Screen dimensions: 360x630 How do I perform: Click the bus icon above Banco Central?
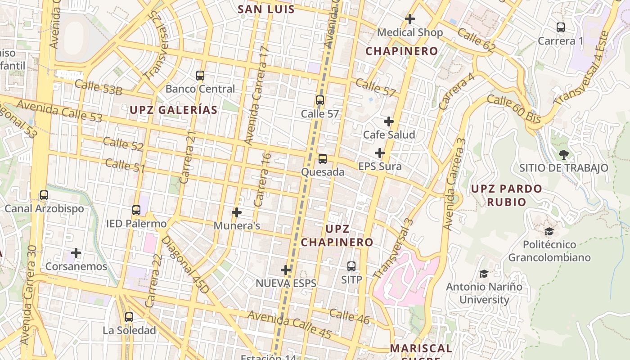[200, 76]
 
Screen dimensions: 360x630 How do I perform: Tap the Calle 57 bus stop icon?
[320, 100]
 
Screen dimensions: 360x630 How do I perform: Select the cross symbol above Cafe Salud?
[389, 121]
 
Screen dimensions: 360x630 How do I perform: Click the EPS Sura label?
[380, 166]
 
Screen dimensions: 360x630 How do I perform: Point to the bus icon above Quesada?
[323, 158]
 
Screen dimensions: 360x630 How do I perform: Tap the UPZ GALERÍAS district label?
[174, 110]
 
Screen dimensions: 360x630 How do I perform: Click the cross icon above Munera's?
[237, 212]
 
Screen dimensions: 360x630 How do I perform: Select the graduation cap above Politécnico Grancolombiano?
[549, 232]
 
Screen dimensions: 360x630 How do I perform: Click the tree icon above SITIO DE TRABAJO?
[563, 155]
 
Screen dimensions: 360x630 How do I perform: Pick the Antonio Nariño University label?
[484, 293]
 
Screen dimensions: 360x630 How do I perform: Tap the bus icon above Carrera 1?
[561, 27]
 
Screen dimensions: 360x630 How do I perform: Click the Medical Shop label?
[410, 32]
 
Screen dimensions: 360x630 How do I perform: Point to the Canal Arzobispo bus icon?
[44, 195]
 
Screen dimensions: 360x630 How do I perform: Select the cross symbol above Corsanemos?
[76, 253]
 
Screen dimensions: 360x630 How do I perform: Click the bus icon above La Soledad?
[129, 317]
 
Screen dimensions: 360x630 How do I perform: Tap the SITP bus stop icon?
[351, 266]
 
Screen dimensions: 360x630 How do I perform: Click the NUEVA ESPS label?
[286, 283]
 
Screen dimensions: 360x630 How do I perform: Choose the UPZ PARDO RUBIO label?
[506, 195]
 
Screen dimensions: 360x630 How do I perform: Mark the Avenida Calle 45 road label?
[289, 325]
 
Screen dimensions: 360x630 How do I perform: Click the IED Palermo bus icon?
[136, 210]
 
